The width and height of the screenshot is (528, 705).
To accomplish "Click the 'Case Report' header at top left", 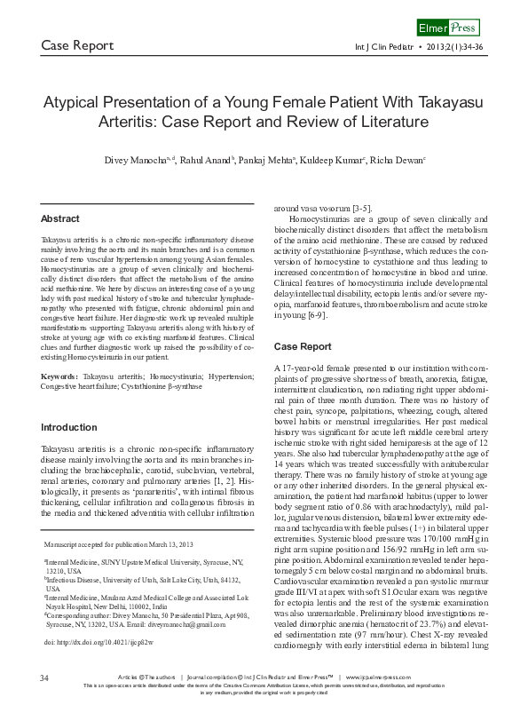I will [78, 45].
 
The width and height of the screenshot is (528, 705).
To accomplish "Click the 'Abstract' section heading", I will [60, 218].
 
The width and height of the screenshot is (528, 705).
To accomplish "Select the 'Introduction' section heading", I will [69, 427].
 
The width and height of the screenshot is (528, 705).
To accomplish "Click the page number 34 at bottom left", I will [44, 678].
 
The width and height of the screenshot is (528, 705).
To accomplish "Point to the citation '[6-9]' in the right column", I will [318, 316].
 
